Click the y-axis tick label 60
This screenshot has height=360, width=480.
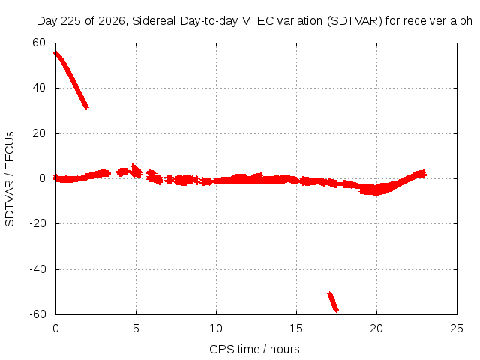tap(39, 43)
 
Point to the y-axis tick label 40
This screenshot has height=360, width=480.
tap(39, 88)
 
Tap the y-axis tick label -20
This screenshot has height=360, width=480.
tap(37, 223)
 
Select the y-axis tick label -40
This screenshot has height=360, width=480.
tap(37, 269)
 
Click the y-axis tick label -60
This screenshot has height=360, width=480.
tap(37, 314)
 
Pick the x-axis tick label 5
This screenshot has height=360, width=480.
tap(136, 328)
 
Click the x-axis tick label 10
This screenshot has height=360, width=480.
tap(216, 328)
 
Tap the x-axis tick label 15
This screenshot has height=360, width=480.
tap(296, 328)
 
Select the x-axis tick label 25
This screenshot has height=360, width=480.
tap(457, 328)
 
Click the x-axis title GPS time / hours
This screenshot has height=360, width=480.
tap(254, 349)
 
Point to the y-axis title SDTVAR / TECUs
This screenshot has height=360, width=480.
tap(10, 179)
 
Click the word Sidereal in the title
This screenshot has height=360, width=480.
tap(154, 21)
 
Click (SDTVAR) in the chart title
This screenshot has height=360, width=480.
tap(355, 21)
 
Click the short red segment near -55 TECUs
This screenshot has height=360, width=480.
tap(333, 302)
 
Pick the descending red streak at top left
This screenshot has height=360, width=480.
tap(71, 80)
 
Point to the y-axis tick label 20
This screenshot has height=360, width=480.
tap(39, 133)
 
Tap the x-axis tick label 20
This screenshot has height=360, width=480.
tap(376, 328)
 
